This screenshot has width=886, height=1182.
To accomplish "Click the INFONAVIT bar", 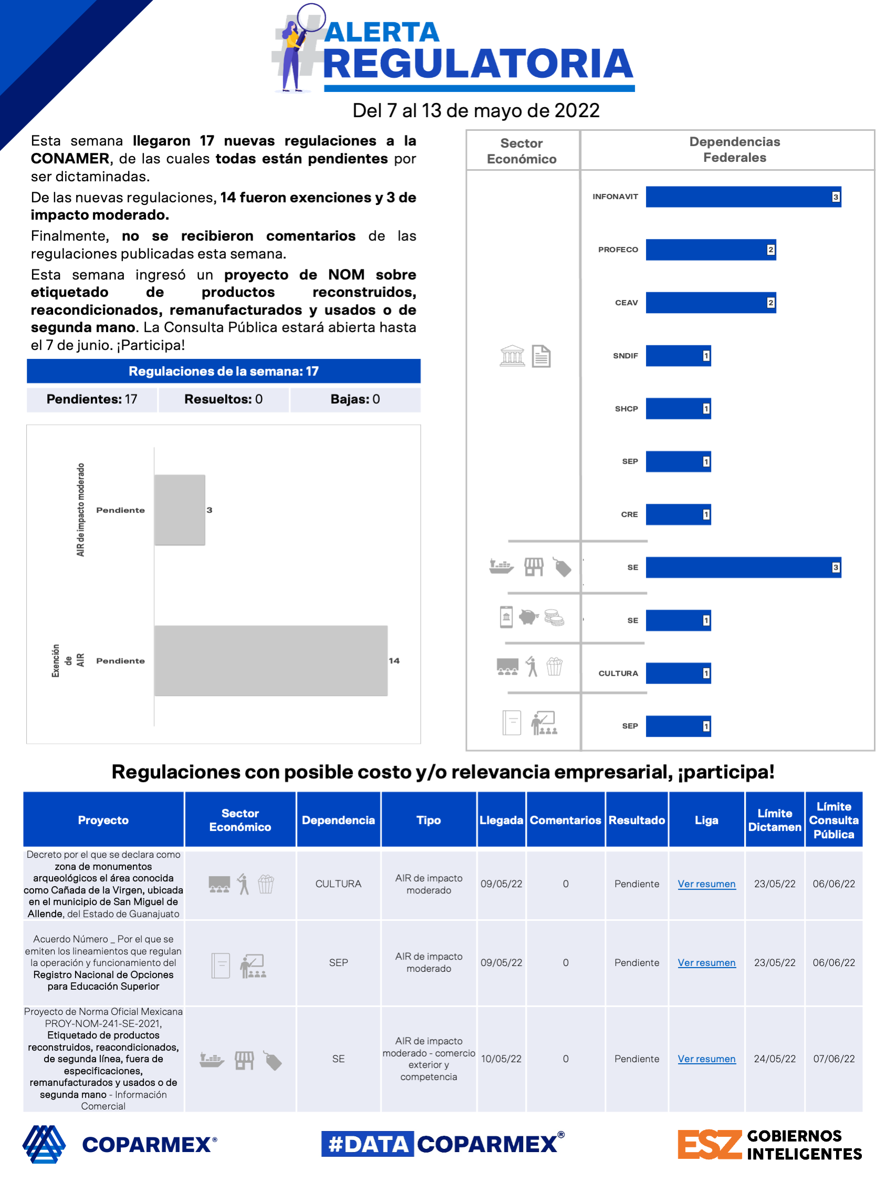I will (x=742, y=197).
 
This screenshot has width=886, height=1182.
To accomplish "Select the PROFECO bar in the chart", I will (x=710, y=250).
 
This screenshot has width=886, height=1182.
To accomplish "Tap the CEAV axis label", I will (x=626, y=302).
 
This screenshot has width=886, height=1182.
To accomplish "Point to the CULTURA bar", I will (x=677, y=673).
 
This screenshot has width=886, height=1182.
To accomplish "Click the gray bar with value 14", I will (x=271, y=661).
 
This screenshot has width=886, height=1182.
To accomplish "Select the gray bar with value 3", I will (x=180, y=510).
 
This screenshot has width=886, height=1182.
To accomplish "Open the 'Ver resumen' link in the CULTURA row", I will (x=706, y=884).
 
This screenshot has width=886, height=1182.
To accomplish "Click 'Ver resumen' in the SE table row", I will (x=706, y=1058).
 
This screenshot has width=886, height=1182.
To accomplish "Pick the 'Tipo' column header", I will (x=429, y=820).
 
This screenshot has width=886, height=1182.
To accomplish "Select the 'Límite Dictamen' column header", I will (x=774, y=820).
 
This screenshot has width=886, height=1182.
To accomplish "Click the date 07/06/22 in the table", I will (x=833, y=1058).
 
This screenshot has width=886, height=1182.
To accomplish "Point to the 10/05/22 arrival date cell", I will (x=501, y=1058).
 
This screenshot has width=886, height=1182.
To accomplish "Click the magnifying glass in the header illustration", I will (x=311, y=17).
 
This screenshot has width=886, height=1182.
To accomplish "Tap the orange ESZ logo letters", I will (x=709, y=1145).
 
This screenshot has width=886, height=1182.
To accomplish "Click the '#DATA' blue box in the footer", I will (x=368, y=1144).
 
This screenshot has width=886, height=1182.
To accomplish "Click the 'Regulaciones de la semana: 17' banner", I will (x=223, y=372).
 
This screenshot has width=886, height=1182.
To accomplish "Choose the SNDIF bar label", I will (x=625, y=355).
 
